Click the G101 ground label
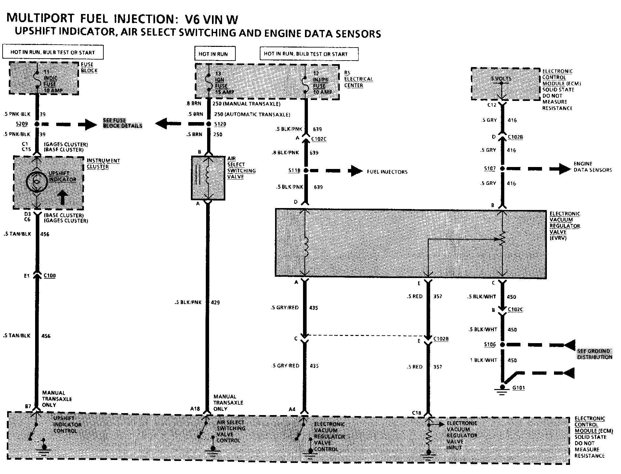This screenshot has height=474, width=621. tap(518, 388)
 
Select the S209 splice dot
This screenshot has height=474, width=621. tap(37, 124)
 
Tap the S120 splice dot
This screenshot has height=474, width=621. tap(208, 124)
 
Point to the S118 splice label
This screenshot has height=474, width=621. tap(294, 170)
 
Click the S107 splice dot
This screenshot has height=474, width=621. tap(502, 169)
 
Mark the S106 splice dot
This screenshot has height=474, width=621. tap(502, 344)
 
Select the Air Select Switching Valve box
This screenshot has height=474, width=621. tap(208, 178)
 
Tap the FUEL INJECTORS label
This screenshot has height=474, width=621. tap(387, 172)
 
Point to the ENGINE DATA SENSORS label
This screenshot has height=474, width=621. tap(592, 167)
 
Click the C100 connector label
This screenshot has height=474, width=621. tap(49, 276)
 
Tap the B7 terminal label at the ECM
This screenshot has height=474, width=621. tap(28, 406)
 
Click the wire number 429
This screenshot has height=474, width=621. tap(215, 302)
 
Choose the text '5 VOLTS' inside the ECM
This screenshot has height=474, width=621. tap(501, 79)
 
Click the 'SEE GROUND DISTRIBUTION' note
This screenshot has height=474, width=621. tap(595, 354)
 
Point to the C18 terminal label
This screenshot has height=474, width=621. tap(416, 413)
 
